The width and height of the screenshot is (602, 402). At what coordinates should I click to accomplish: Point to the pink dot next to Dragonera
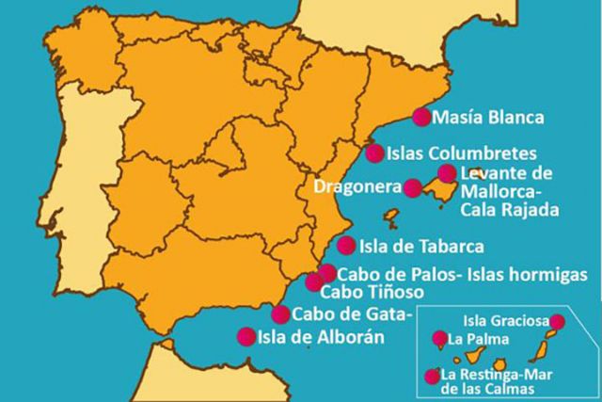coord(412,187)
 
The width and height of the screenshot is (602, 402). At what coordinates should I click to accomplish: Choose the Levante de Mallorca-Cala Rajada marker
coord(447,173)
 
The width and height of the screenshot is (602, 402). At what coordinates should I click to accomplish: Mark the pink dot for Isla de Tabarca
coord(346,247)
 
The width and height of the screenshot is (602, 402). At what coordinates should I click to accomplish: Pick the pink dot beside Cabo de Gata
coord(279,314)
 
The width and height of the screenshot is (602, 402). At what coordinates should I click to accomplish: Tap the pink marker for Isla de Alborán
coord(246,336)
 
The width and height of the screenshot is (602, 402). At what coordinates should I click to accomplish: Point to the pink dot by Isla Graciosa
coord(558,321)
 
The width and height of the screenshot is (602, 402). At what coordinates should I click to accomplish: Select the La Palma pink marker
coord(438,338)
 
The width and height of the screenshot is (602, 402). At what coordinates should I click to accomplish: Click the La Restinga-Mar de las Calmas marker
coord(433,375)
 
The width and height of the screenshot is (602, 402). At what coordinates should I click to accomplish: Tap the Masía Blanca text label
coord(490,119)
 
